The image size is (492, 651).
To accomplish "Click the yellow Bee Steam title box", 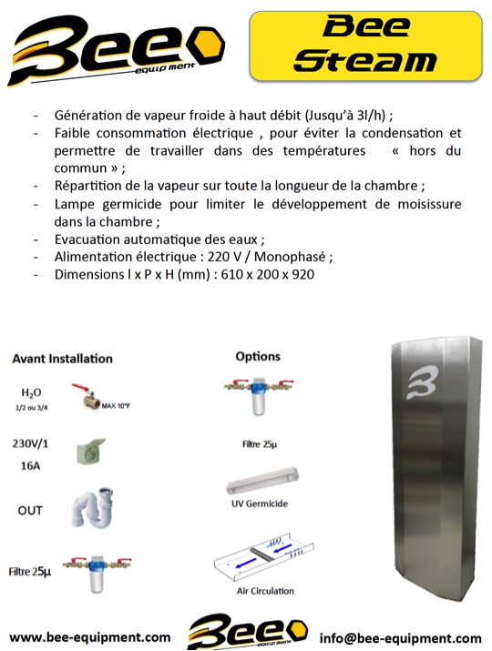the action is [365, 46].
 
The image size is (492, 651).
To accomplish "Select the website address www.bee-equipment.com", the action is [90, 637].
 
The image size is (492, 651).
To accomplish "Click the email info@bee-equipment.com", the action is [400, 637].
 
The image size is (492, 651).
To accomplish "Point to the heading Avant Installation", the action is [62, 359].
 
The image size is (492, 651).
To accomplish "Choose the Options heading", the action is [258, 356].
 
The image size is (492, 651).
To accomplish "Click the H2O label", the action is [31, 392].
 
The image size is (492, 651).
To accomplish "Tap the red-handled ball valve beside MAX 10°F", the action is [87, 396].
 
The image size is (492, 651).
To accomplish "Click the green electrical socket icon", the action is [90, 451].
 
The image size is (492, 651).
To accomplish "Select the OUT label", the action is [30, 510].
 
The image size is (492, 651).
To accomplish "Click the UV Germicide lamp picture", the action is [262, 480].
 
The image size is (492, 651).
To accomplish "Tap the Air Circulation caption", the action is [265, 591].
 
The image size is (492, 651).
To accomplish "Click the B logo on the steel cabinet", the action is [421, 382].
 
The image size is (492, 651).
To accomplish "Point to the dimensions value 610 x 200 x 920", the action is [268, 274].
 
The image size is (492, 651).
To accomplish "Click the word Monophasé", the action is [290, 257].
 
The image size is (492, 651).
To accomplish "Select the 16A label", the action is [30, 466].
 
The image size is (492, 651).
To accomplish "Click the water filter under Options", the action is [259, 396].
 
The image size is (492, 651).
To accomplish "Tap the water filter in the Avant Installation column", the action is [97, 575].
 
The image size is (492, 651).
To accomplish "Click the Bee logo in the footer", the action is [248, 631].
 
